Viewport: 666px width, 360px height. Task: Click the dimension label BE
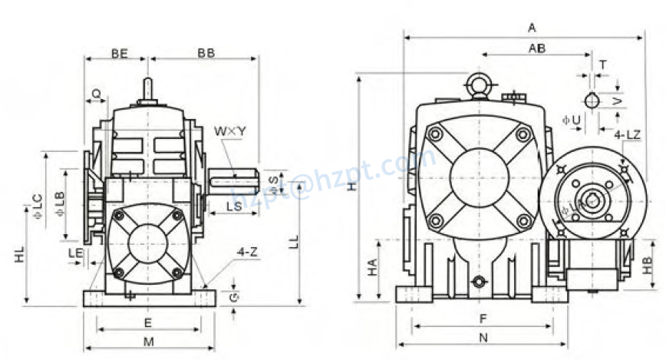(119, 53)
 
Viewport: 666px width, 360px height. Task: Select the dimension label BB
(206, 53)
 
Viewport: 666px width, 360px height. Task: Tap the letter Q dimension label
(96, 93)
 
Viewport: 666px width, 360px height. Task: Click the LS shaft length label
(236, 206)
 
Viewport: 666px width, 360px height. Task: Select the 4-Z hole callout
(247, 251)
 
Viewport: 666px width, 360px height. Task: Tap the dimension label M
(149, 341)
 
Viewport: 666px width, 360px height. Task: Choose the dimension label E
(148, 322)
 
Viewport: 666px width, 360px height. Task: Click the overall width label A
(532, 28)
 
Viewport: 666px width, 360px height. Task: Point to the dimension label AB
(537, 48)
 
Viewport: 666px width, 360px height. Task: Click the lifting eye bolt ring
(480, 84)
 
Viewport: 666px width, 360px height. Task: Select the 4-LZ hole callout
(628, 134)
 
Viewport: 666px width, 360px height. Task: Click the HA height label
(372, 267)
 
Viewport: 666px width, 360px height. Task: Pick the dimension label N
(482, 337)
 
